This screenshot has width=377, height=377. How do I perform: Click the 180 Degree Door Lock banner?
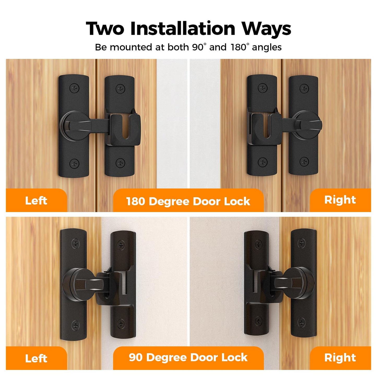188,201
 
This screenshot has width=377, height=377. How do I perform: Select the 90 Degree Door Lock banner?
188,357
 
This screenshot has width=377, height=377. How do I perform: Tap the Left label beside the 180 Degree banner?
36,201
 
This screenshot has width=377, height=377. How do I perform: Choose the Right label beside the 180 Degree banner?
340,200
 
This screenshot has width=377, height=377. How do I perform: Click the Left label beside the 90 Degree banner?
36,358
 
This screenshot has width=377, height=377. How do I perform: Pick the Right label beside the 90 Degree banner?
340,358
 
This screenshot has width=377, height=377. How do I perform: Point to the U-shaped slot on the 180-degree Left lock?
126,127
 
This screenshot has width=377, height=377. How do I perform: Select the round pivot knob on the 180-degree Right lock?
308,125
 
